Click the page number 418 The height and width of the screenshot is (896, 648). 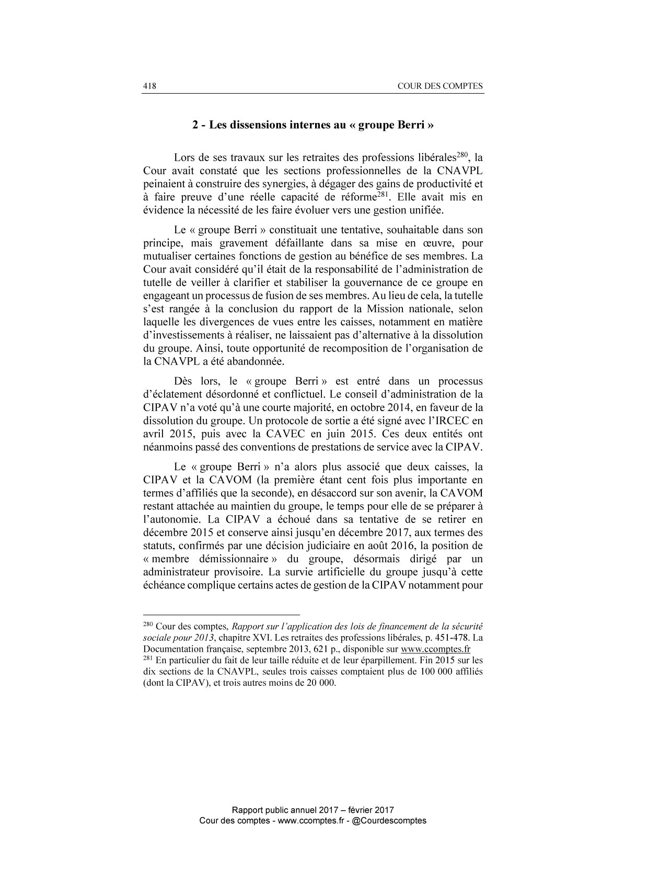coord(150,86)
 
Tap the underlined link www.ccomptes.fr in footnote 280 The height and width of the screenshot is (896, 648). coord(435,649)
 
